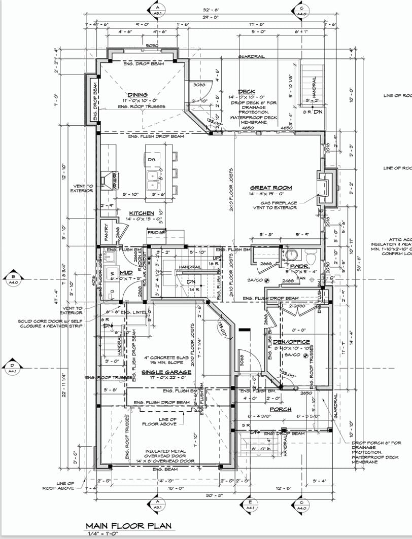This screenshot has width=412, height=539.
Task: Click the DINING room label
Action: tap(138, 95)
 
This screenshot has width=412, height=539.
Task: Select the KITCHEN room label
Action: tap(141, 213)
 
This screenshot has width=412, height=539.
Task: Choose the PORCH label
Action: tap(280, 409)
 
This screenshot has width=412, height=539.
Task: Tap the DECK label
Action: tap(246, 92)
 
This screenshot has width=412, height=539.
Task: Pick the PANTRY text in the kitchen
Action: tap(107, 232)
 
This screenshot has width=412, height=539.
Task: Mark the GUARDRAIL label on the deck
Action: tap(253, 57)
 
